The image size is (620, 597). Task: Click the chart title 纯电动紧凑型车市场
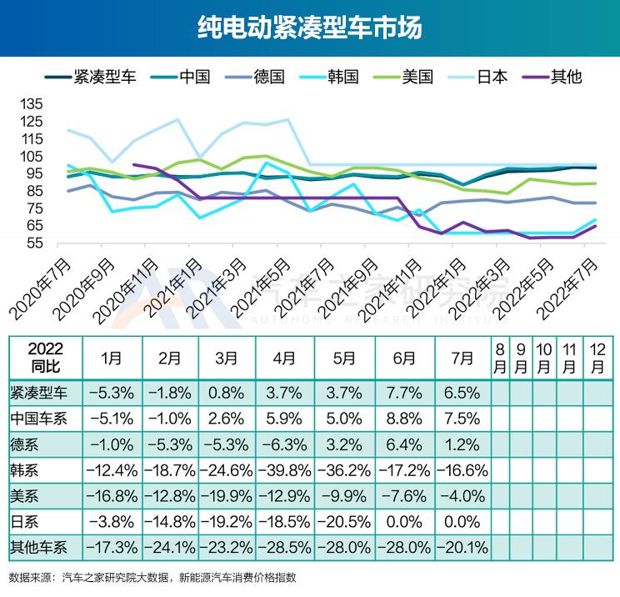(x=310, y=28)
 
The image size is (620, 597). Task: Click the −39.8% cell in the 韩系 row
(x=284, y=469)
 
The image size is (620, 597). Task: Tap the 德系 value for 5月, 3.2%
(x=344, y=443)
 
